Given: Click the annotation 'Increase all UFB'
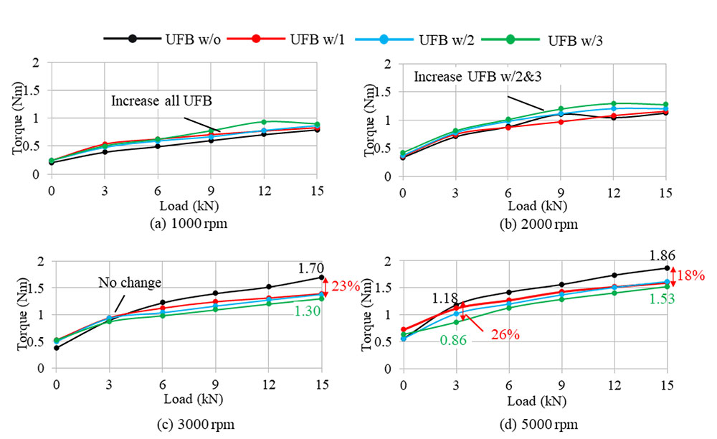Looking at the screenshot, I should click(154, 101).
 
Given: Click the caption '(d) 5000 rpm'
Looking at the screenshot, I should click(535, 425).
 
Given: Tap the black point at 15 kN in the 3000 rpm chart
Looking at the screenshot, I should click(322, 277).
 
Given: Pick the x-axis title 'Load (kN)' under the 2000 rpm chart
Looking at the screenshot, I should click(535, 206).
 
